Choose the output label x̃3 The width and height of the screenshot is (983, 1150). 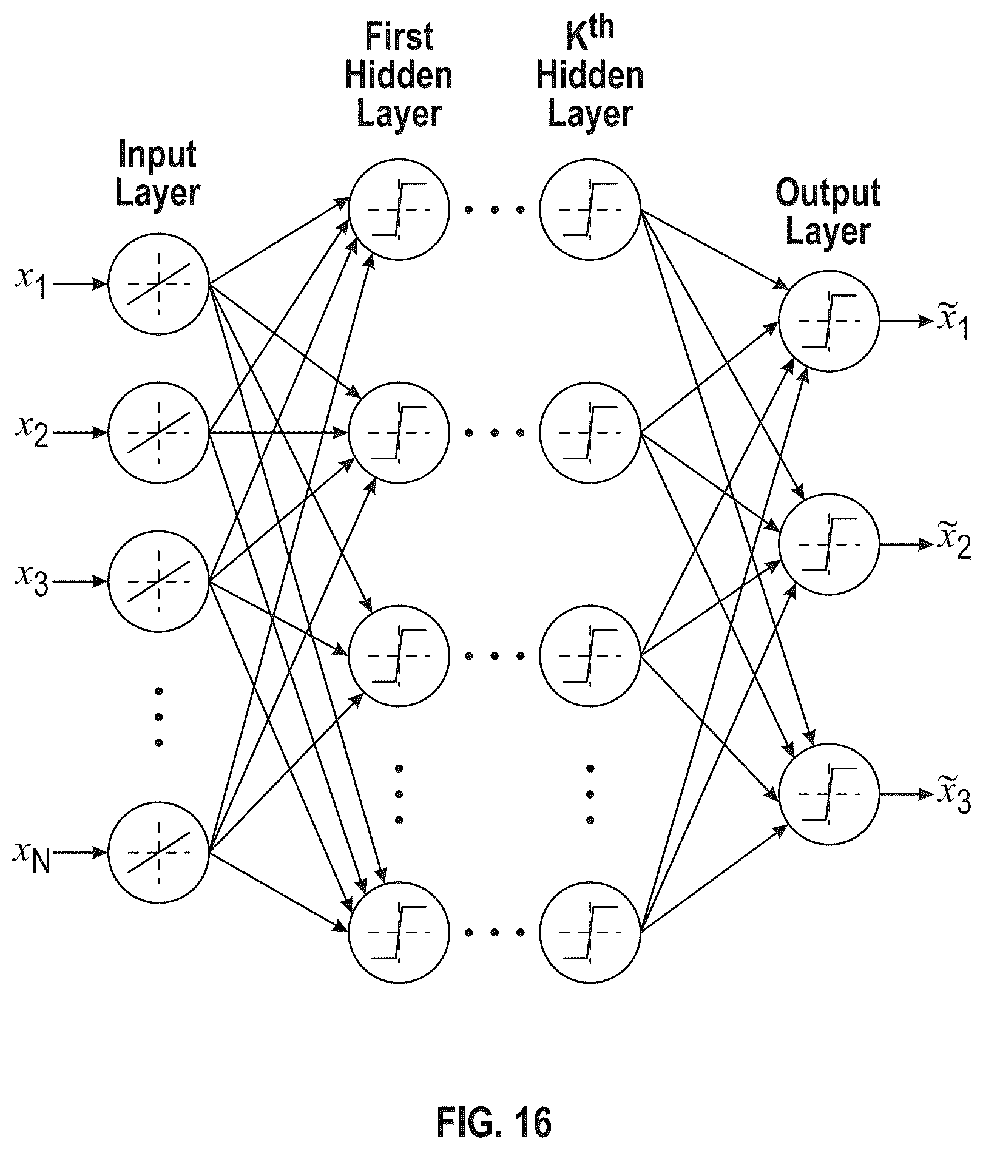(x=954, y=794)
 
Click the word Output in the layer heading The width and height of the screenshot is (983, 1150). (x=829, y=194)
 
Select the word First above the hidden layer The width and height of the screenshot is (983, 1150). (x=399, y=37)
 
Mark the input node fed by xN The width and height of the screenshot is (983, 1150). (x=158, y=852)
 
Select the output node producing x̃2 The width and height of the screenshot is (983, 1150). (x=829, y=544)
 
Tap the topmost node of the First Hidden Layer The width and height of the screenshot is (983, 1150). (x=399, y=209)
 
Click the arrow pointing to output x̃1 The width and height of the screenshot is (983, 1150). (x=906, y=322)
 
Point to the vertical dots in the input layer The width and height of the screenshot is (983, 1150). (x=159, y=716)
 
